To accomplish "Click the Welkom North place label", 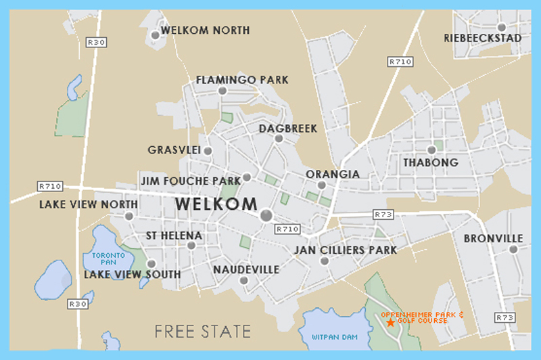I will tap(206, 30).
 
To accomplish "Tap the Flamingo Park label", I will tap(242, 80).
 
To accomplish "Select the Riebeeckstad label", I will tap(483, 38).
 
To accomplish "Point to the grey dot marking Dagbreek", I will tap(279, 138).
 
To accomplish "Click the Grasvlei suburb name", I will tap(174, 150).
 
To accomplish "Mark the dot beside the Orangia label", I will tap(322, 185).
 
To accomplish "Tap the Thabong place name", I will tap(431, 162).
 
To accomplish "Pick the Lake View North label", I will tap(89, 204).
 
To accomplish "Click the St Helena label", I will tap(174, 235).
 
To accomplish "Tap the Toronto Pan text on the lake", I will tap(105, 258).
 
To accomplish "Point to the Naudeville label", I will tap(246, 269).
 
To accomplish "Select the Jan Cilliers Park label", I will tap(345, 250).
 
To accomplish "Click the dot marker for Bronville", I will tap(513, 249).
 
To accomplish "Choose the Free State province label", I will tap(203, 332).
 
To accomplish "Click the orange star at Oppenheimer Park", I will tap(390, 323).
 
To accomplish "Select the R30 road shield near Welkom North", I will tap(97, 42).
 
